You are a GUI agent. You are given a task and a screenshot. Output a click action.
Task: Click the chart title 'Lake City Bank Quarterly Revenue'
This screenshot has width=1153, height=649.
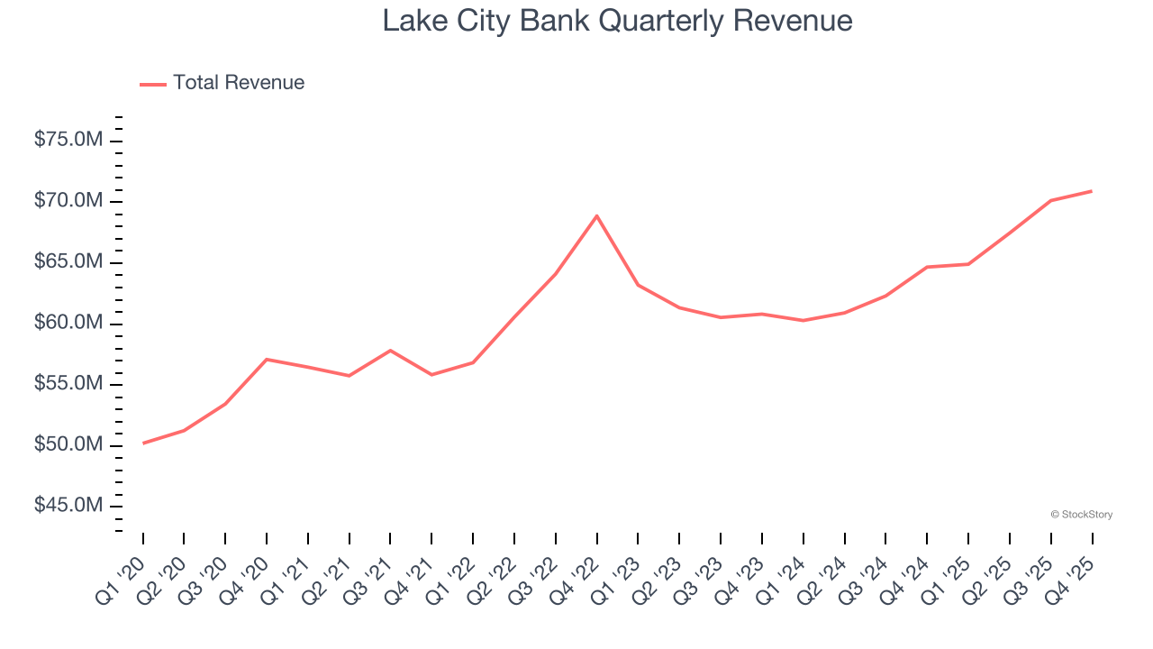617,20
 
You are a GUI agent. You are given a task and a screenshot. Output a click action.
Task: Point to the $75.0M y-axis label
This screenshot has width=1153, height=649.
68,140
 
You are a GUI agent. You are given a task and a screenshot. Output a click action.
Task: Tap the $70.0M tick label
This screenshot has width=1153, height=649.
68,201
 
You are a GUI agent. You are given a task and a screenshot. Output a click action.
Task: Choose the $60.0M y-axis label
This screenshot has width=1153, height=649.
68,324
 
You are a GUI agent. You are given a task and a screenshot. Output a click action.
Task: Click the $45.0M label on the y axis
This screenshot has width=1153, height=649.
68,506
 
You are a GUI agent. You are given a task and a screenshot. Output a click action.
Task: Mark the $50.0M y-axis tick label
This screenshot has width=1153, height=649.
68,445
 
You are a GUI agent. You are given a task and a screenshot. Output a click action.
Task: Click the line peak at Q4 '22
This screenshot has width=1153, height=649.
596,215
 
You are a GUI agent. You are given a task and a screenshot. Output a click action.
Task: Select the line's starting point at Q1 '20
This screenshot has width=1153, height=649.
143,443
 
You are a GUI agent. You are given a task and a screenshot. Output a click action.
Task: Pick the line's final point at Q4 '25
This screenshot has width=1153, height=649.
1092,191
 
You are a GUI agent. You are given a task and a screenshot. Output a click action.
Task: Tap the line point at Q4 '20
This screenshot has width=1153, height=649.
267,359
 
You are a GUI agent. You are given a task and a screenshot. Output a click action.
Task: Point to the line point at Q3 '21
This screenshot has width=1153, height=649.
390,350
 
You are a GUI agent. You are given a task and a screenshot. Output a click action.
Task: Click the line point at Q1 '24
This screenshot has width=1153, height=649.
803,320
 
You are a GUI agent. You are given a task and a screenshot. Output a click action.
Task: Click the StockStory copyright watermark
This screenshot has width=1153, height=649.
1081,515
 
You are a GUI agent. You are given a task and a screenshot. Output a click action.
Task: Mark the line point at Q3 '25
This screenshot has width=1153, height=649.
1050,200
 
